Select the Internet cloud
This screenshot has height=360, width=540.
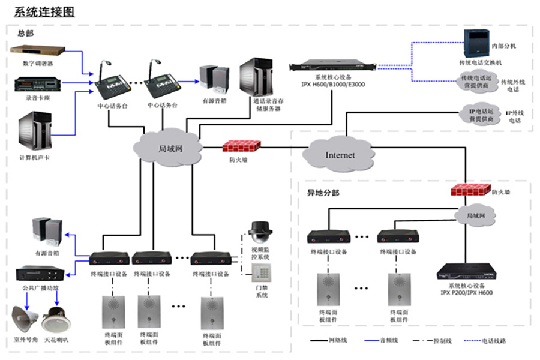tap(340, 154)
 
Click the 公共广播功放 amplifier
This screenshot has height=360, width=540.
tap(40, 274)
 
